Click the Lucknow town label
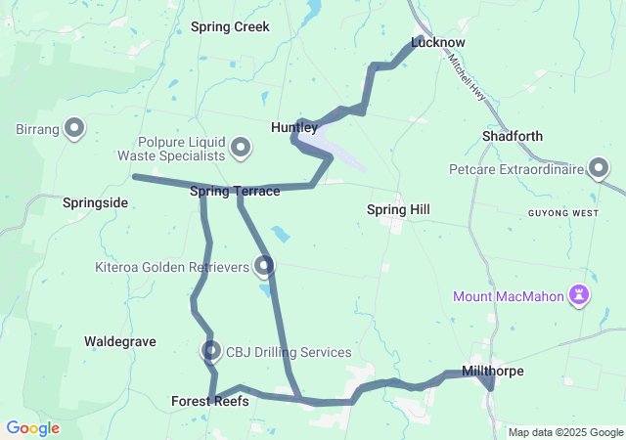click(x=437, y=43)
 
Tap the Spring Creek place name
click(x=230, y=27)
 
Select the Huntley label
click(x=293, y=127)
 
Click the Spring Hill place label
click(x=398, y=209)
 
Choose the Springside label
click(x=95, y=202)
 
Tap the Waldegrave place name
click(x=120, y=341)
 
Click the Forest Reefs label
click(x=209, y=401)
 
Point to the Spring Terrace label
click(x=235, y=191)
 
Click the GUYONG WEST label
click(x=562, y=213)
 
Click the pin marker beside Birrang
click(x=74, y=128)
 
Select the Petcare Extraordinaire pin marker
click(x=600, y=170)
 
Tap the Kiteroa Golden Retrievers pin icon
click(x=264, y=265)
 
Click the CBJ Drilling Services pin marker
click(x=211, y=351)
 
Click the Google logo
click(x=32, y=428)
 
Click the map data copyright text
click(x=565, y=432)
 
